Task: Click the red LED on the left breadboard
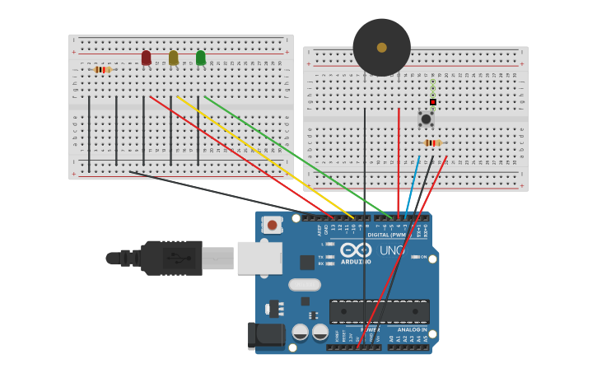[x=146, y=58]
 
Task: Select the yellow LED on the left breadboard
[x=173, y=58]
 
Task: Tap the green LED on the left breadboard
[x=200, y=58]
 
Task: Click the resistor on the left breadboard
[x=102, y=70]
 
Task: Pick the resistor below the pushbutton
[x=431, y=143]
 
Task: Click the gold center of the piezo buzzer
[x=381, y=48]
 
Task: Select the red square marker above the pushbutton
[x=432, y=102]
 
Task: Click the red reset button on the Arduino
[x=272, y=224]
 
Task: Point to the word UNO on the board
[x=391, y=250]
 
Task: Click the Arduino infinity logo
[x=356, y=249]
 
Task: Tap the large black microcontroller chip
[x=379, y=311]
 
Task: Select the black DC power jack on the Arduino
[x=265, y=335]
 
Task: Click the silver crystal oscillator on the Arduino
[x=304, y=285]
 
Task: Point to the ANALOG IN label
[x=413, y=329]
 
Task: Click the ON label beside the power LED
[x=423, y=257]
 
